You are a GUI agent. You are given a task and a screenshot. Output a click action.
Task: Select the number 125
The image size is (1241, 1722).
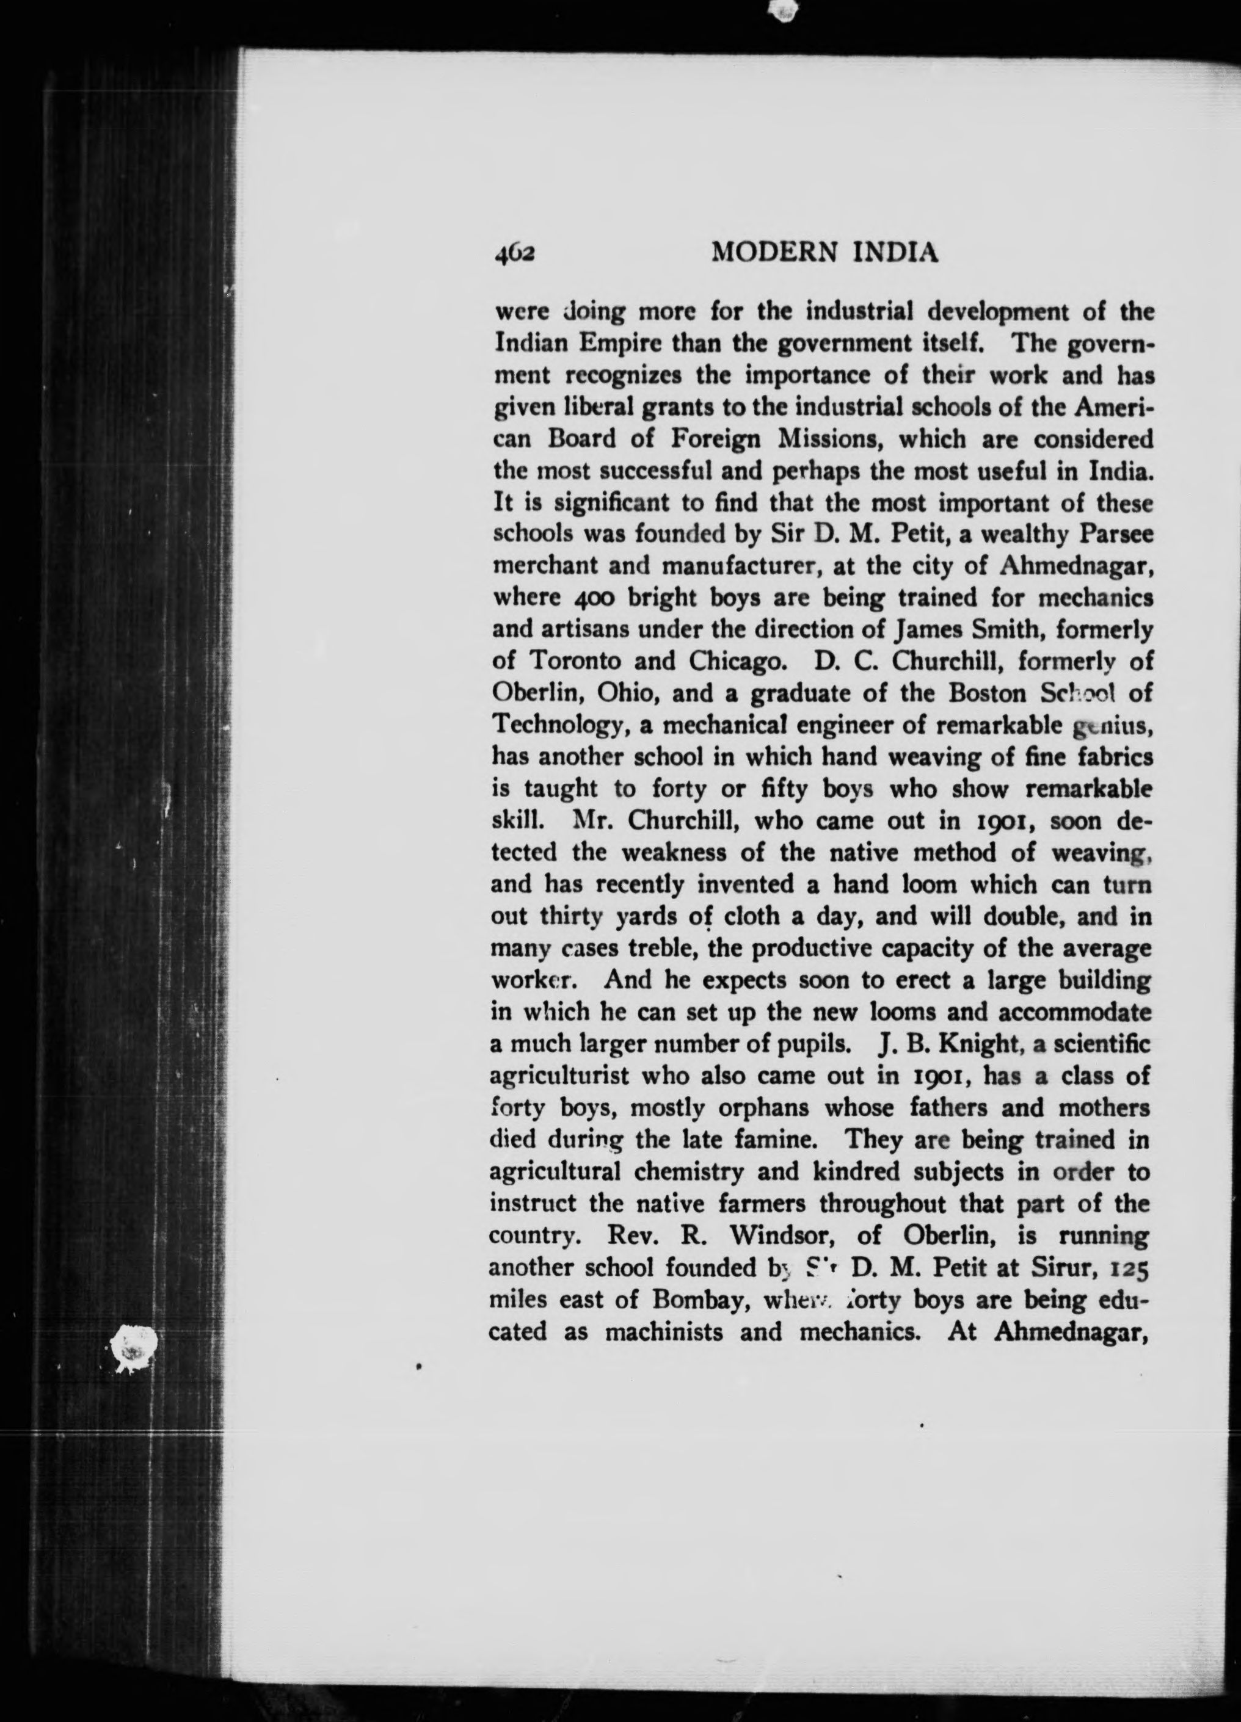[1132, 1267]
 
